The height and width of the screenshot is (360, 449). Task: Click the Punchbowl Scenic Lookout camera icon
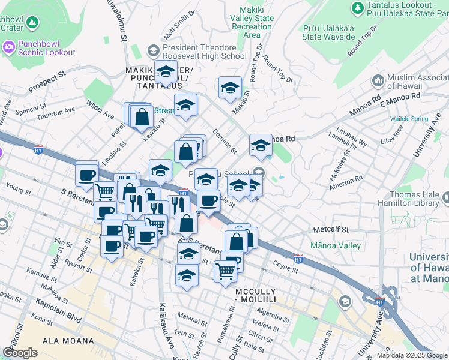click(x=9, y=46)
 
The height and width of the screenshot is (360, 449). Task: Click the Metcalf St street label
click(x=331, y=230)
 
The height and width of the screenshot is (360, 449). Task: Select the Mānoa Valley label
click(x=336, y=245)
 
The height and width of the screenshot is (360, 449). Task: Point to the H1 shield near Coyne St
click(x=298, y=259)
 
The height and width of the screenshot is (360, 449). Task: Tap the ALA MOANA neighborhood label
click(x=66, y=340)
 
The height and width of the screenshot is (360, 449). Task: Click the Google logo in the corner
click(x=20, y=353)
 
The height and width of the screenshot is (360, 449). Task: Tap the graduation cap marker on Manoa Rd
click(x=261, y=145)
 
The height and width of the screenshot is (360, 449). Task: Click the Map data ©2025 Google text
click(x=412, y=355)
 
